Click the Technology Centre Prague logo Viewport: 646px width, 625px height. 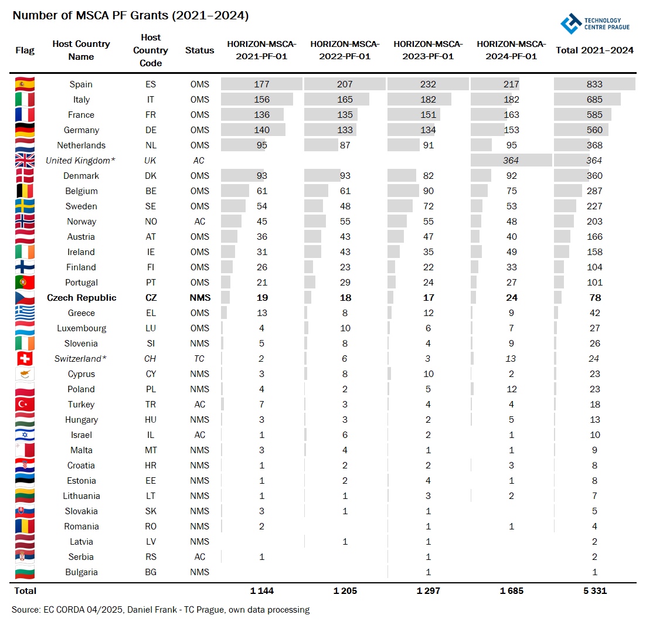pos(594,23)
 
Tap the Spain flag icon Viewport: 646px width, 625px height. pos(25,84)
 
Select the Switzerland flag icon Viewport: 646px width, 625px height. pos(25,359)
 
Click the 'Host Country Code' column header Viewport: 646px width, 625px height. pos(151,50)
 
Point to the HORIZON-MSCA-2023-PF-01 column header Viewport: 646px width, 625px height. pos(428,50)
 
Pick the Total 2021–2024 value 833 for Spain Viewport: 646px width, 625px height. pos(594,84)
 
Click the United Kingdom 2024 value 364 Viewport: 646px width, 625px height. pos(511,161)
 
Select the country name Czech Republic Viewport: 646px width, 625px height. pos(81,298)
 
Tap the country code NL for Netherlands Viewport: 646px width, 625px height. pos(151,145)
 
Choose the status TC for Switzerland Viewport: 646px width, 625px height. pos(199,359)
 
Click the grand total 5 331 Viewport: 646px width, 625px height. pos(594,591)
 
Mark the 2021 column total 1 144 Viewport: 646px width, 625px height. pos(261,591)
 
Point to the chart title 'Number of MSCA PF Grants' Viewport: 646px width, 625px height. pos(131,16)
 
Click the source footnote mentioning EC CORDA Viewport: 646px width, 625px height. pos(161,610)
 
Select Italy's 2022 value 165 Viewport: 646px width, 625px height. pos(345,100)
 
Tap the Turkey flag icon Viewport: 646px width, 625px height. pos(25,405)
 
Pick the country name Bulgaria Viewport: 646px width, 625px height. pos(81,572)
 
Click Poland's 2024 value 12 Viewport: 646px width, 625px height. pos(511,389)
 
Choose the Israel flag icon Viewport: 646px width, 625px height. pos(25,435)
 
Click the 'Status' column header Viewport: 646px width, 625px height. pos(199,50)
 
